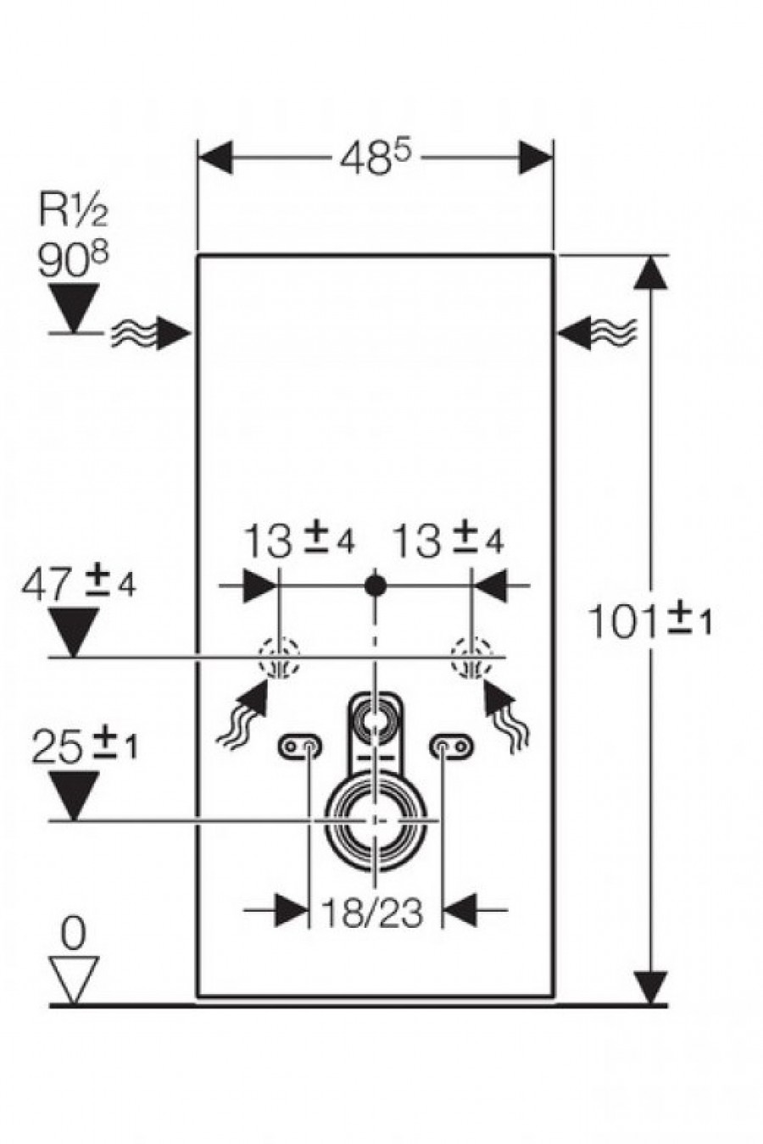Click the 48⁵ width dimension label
(x=376, y=158)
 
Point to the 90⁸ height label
(x=74, y=261)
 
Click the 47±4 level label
(x=78, y=583)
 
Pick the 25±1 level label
(x=84, y=747)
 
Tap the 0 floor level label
(x=73, y=936)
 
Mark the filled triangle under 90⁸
(x=74, y=308)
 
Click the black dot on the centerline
(x=375, y=586)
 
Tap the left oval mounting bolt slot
(x=300, y=747)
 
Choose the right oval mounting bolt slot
(x=452, y=747)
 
